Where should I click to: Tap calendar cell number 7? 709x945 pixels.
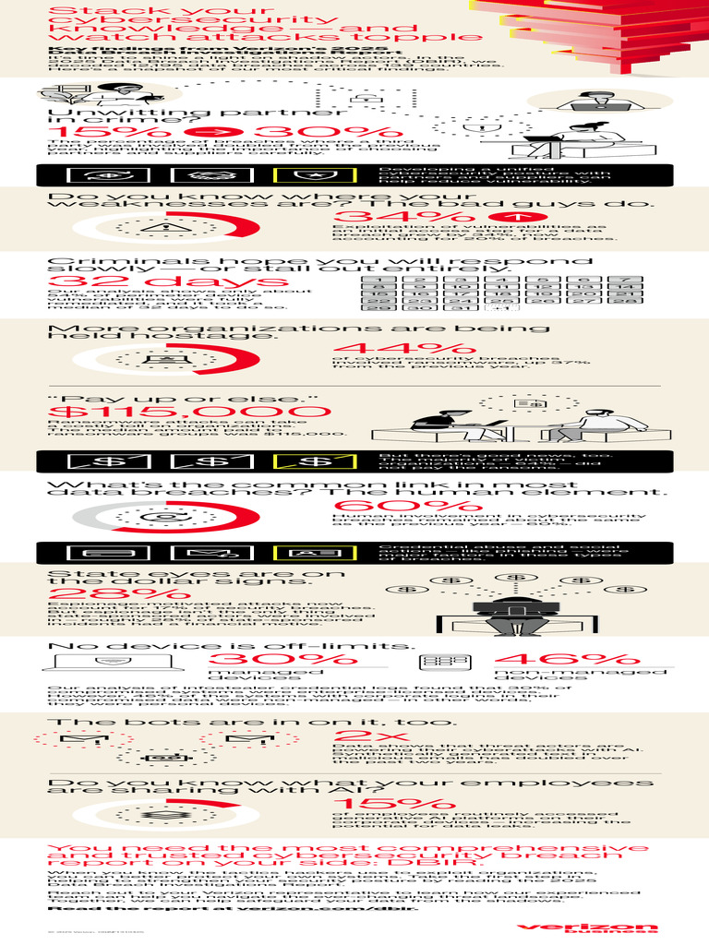pyautogui.click(x=625, y=280)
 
